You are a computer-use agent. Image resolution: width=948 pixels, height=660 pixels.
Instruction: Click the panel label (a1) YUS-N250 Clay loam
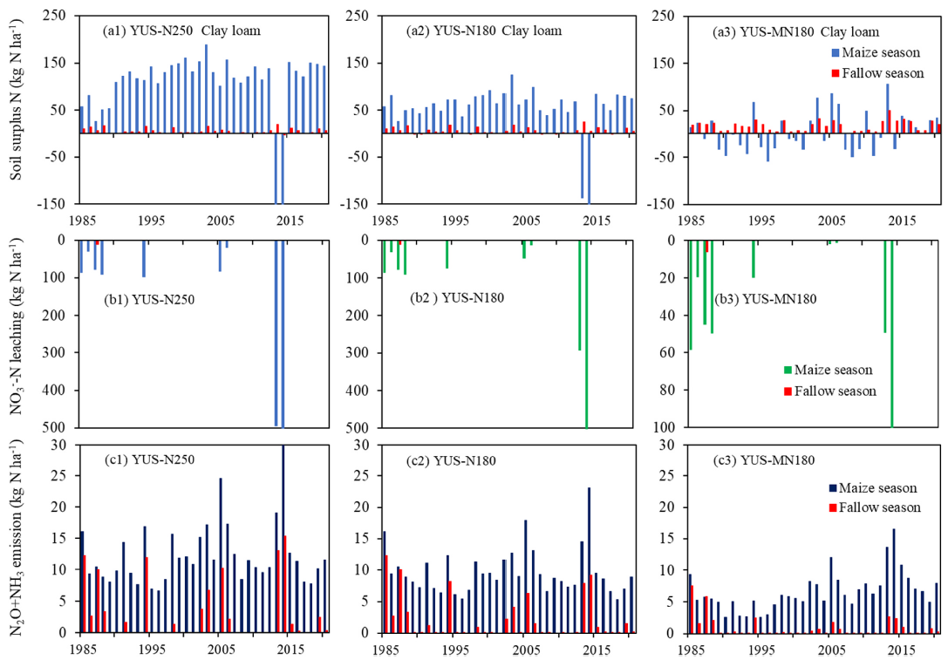pyautogui.click(x=182, y=31)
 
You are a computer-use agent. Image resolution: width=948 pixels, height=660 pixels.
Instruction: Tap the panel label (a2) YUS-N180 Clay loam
pyautogui.click(x=484, y=31)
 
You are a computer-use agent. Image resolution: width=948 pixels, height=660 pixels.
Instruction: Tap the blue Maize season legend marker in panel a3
pyautogui.click(x=836, y=55)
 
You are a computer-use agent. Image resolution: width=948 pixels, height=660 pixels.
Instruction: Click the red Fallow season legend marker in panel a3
pyautogui.click(x=836, y=73)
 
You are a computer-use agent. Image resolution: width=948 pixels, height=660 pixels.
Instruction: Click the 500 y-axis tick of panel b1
pyautogui.click(x=60, y=428)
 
